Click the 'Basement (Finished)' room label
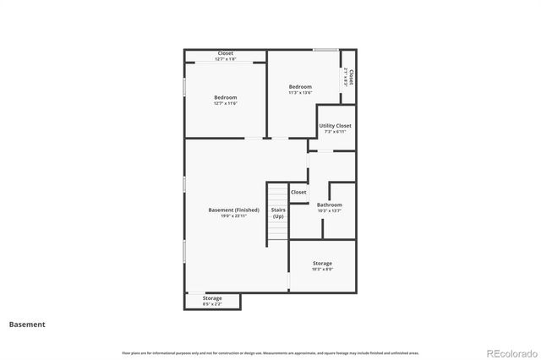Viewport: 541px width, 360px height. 227,210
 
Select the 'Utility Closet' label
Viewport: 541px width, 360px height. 335,126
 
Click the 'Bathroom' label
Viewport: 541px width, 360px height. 329,205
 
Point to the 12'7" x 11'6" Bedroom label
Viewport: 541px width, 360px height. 225,97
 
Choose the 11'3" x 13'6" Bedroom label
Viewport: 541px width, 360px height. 300,86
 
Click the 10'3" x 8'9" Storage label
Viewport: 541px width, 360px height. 321,264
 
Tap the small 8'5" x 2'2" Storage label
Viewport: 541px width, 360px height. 212,298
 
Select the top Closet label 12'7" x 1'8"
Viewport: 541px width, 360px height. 225,53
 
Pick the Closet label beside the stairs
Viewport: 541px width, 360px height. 298,192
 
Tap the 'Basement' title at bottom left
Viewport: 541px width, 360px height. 27,324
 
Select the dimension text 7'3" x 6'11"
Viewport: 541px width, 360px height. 335,132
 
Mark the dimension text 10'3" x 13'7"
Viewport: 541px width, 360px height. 329,210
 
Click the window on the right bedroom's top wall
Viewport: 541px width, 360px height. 326,49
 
